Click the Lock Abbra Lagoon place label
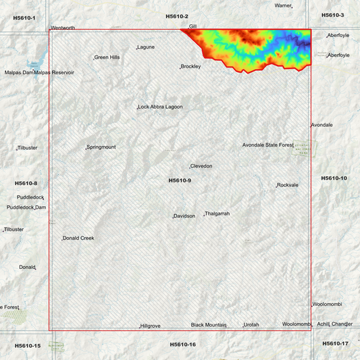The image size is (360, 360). [161, 107]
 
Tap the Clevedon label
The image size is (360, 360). [201, 166]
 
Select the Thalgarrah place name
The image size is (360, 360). [217, 213]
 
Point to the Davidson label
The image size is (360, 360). [184, 216]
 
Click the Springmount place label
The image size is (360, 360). [101, 147]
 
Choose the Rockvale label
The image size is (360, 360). [288, 185]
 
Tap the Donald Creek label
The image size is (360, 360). [79, 238]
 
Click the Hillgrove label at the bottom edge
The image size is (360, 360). [151, 326]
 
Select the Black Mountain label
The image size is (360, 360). [208, 325]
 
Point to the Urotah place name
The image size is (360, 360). [251, 325]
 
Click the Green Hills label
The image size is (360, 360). [107, 57]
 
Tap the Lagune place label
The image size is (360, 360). [147, 47]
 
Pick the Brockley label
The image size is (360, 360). [191, 66]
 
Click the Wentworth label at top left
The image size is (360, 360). [63, 28]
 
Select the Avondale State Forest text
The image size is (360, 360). [268, 145]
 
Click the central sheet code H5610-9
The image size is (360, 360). [180, 180]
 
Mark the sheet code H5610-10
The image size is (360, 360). [334, 178]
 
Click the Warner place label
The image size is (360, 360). [283, 5]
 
